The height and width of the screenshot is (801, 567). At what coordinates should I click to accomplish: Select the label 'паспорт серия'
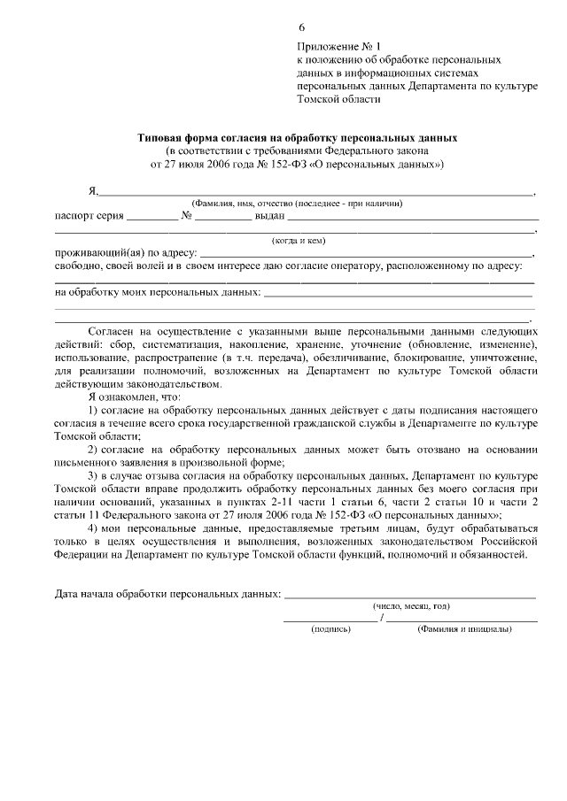point(89,215)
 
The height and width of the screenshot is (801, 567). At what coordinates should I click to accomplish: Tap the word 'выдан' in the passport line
point(268,215)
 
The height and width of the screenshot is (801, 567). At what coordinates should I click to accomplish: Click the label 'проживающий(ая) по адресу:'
point(126,252)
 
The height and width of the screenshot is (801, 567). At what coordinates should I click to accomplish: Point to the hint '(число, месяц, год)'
point(410,605)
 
